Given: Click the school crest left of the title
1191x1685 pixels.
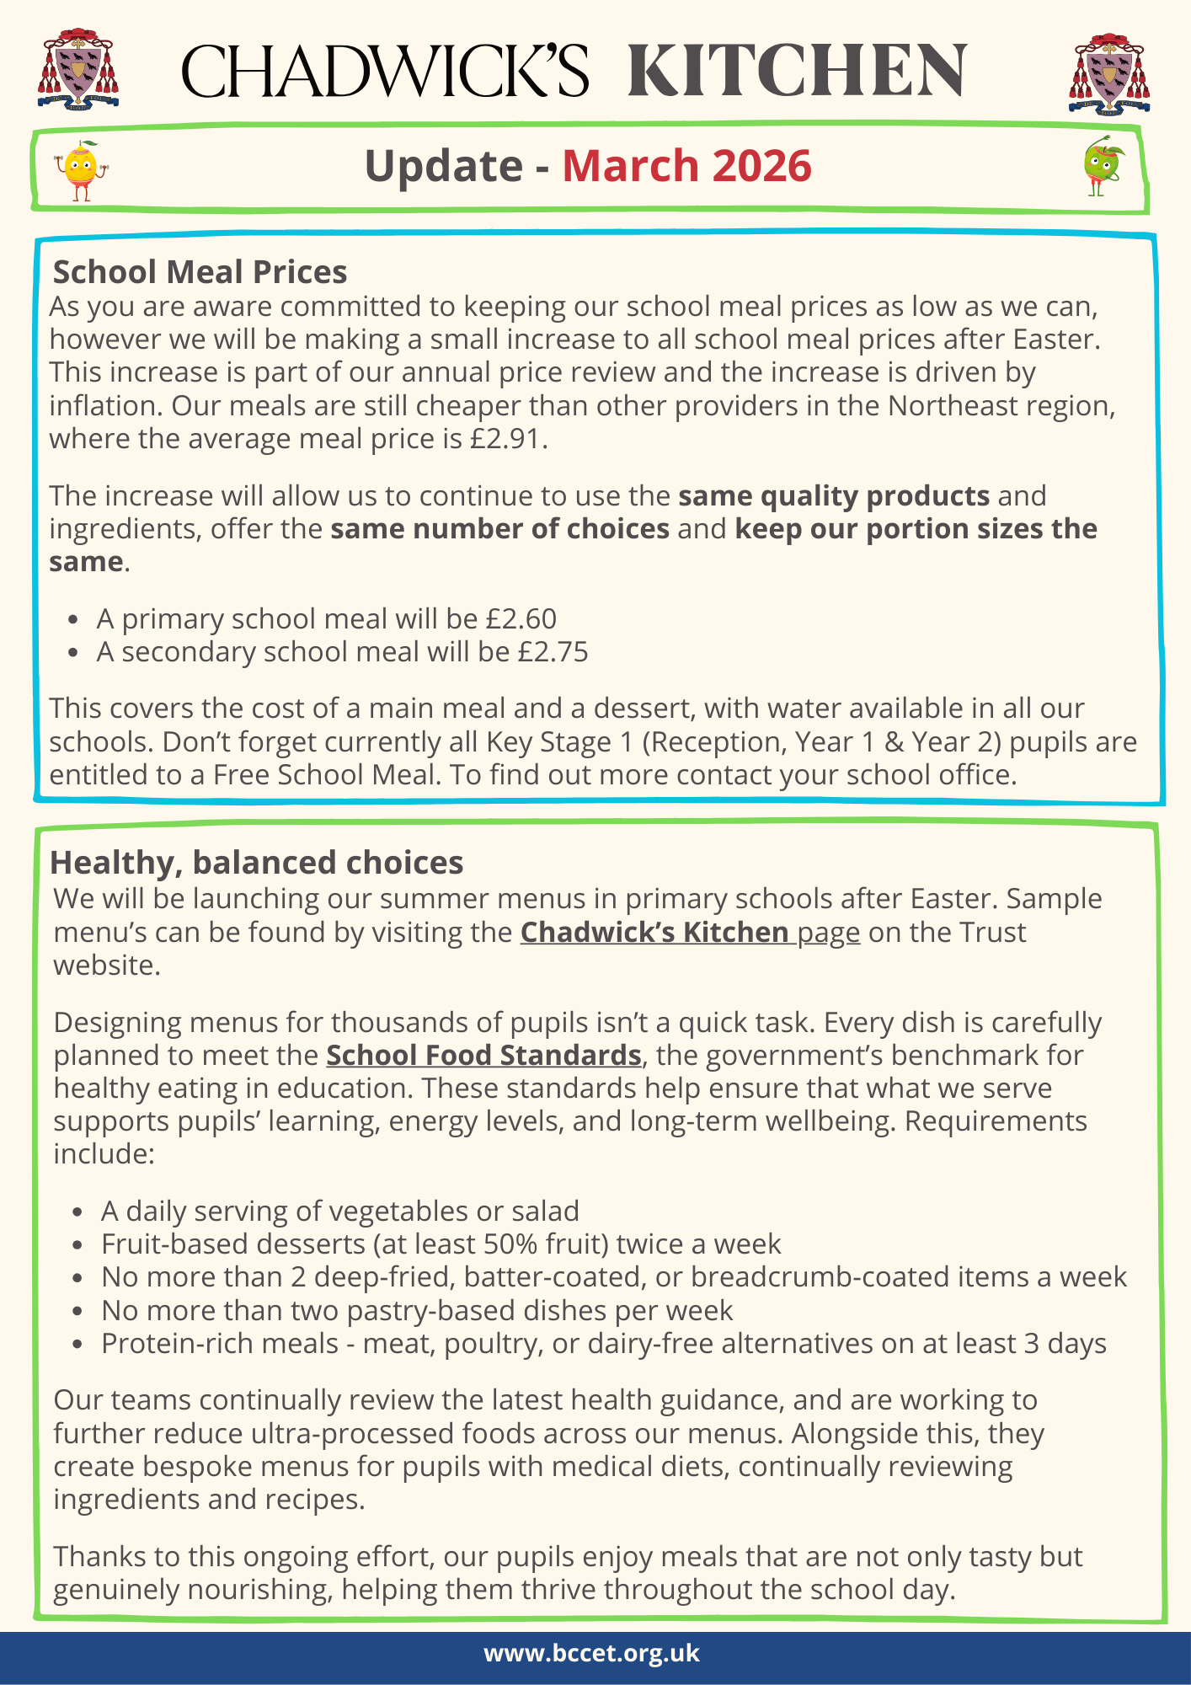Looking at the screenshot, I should (77, 67).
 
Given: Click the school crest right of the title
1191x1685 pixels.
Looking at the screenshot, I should (1109, 72).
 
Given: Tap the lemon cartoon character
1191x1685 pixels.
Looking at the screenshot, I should (80, 169).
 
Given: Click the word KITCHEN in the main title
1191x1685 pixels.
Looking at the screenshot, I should (797, 71).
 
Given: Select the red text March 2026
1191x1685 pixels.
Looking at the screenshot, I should (686, 166).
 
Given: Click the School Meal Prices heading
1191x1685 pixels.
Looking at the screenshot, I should (200, 272).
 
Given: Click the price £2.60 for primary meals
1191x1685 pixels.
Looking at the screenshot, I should (521, 619).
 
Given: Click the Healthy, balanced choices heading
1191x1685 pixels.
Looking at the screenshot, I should (257, 863).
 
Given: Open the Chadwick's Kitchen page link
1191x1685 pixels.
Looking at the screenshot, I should (690, 933).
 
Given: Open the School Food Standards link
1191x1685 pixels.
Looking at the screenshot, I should (483, 1056).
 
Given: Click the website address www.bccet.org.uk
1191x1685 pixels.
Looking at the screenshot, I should (591, 1653).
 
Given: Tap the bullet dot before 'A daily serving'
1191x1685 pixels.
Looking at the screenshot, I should (77, 1212).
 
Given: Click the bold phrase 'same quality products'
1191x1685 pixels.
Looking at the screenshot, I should (834, 496).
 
